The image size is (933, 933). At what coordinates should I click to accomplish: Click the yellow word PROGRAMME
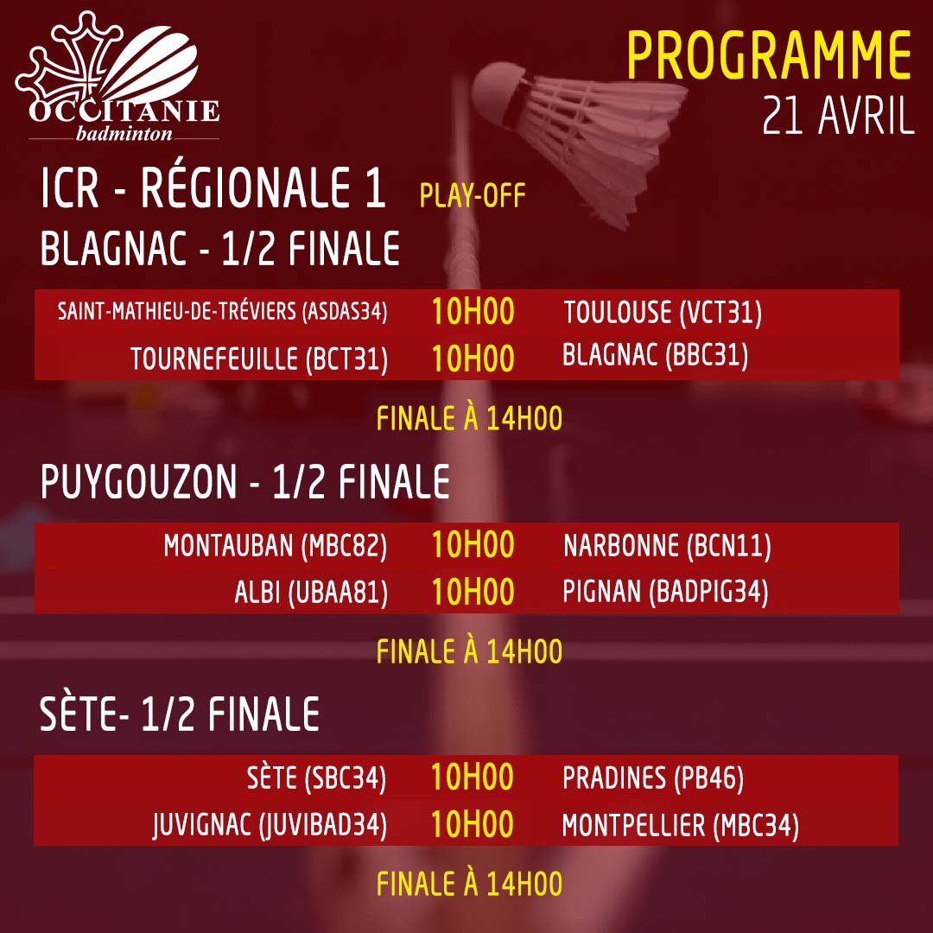pos(769,55)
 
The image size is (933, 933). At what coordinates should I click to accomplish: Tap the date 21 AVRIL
pos(838,116)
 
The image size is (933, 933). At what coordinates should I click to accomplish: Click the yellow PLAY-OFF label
pos(473,196)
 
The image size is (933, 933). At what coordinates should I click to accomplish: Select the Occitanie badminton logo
pos(118,76)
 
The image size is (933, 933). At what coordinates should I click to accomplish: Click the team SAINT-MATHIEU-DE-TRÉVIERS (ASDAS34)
pos(222,311)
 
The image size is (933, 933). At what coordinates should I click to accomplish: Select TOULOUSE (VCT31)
pos(663,313)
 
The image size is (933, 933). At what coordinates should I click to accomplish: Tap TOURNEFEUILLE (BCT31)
pos(259,359)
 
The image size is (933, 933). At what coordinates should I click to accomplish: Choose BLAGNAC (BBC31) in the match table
pos(655,355)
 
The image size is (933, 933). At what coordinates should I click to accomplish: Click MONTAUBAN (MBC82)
pos(275,546)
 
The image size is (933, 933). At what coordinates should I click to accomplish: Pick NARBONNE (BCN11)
pos(667,546)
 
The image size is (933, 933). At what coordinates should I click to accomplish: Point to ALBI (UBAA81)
pos(311,592)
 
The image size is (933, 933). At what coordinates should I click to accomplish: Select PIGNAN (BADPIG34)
pos(665,592)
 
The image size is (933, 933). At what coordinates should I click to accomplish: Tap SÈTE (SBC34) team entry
pos(316,777)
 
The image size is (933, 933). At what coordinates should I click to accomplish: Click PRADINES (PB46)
pos(653,777)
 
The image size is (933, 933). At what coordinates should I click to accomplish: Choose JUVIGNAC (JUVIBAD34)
pos(270,825)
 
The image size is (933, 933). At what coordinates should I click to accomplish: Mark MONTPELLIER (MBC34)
pos(680,825)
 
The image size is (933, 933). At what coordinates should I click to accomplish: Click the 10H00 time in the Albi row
pos(473,592)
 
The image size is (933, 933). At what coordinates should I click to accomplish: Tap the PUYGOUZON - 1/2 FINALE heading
pos(245,482)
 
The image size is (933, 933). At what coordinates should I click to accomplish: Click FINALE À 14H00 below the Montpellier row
pos(469,884)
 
